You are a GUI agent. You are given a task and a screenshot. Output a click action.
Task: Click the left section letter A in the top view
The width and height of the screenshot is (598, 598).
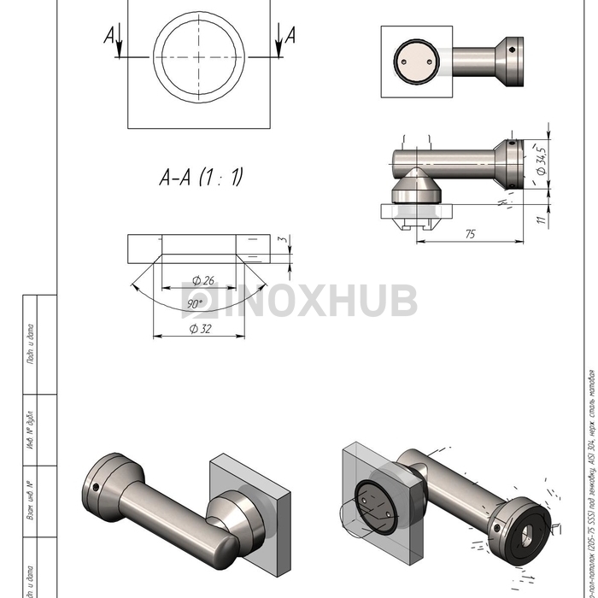[108, 35]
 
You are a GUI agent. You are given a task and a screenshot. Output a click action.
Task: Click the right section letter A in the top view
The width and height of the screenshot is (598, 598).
[290, 35]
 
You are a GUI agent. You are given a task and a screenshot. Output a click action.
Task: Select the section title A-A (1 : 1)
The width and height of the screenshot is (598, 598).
[202, 177]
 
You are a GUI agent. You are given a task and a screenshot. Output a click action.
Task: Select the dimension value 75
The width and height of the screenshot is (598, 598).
[470, 234]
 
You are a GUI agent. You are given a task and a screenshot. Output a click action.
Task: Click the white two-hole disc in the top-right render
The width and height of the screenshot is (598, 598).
[415, 62]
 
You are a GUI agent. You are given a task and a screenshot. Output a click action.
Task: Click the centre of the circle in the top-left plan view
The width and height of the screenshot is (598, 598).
[198, 56]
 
